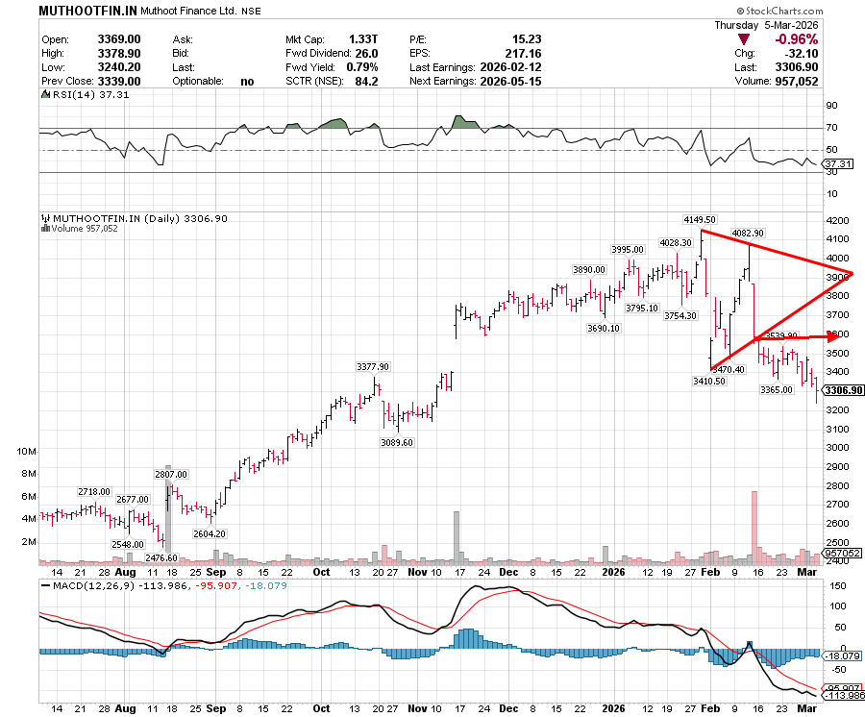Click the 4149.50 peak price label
[x=700, y=220]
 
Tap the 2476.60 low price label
[x=160, y=557]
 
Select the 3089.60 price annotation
[x=396, y=443]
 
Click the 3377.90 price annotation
[x=372, y=366]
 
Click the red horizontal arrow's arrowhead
[x=833, y=335]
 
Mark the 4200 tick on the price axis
[x=839, y=220]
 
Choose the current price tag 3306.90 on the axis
[x=843, y=390]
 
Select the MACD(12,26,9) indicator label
[x=88, y=584]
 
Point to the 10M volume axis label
[x=27, y=451]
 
